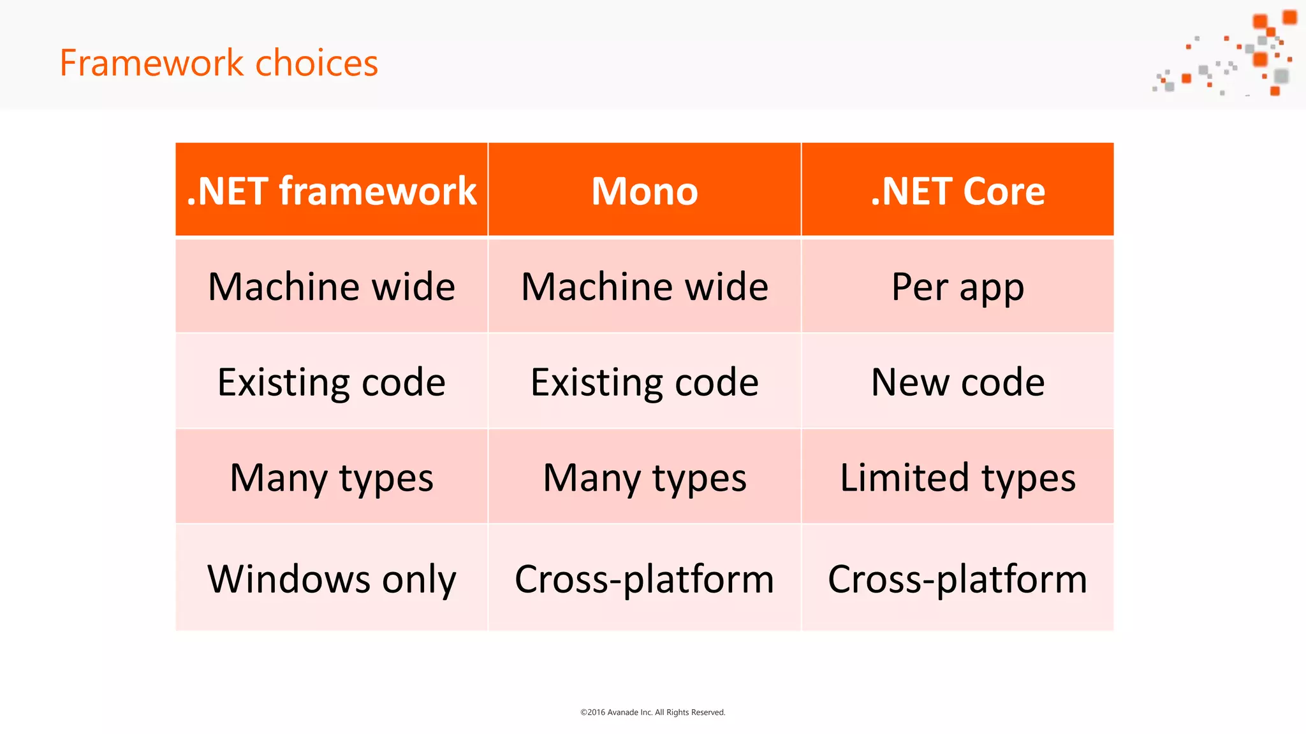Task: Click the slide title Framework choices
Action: click(219, 63)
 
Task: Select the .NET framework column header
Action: click(332, 191)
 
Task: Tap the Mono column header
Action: click(645, 191)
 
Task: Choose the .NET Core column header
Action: click(958, 191)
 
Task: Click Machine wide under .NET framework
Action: click(332, 287)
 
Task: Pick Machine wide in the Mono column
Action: click(645, 287)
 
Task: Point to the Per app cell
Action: click(958, 287)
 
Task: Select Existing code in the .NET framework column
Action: click(332, 382)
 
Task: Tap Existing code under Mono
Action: click(645, 382)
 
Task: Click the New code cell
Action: click(958, 382)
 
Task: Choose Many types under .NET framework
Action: click(332, 478)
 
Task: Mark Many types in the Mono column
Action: click(645, 478)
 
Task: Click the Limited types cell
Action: click(958, 478)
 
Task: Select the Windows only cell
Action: click(332, 579)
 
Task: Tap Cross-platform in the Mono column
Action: click(645, 579)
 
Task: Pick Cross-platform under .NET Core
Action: click(958, 579)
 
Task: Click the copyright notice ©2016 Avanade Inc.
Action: click(652, 712)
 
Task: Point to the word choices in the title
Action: click(316, 63)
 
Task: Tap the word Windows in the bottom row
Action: click(289, 579)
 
